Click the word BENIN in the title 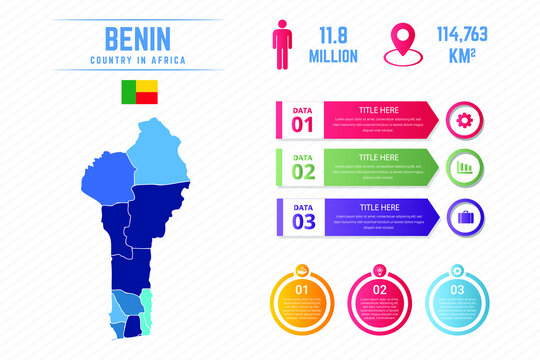pos(137,39)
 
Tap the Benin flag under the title pos(137,93)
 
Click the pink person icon pos(282,44)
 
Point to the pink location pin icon pos(404,43)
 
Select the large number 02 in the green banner pos(303,171)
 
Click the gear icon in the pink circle pos(463,120)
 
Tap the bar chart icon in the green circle pos(463,167)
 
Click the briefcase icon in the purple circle pos(463,215)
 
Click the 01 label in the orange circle pos(301,291)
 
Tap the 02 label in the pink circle pos(379,290)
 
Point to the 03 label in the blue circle pos(457,290)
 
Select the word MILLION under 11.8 pos(333,56)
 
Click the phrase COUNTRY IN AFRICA pos(137,62)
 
